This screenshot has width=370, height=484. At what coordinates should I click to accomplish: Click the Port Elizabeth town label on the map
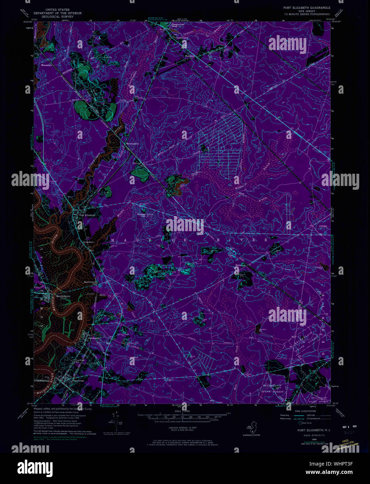(x=87, y=215)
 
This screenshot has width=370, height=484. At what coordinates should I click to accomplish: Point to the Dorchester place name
(x=92, y=338)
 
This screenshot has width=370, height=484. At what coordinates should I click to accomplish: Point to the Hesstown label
(x=190, y=56)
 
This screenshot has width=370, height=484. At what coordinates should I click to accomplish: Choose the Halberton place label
(x=241, y=265)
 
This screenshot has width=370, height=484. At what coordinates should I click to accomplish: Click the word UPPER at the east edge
(x=323, y=226)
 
